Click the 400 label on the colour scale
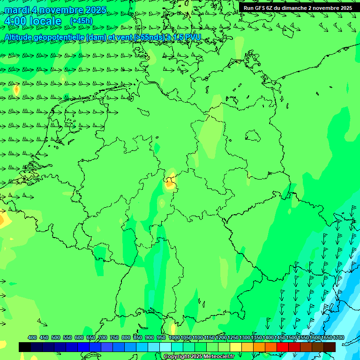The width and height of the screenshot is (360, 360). coord(32,337)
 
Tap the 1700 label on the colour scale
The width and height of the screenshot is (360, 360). coord(338,337)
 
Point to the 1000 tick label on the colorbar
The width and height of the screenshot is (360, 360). coord(174,337)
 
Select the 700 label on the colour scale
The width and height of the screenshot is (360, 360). coord(103,337)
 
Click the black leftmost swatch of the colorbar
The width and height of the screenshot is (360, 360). coord(25,347)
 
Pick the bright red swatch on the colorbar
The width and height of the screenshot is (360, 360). coord(283,347)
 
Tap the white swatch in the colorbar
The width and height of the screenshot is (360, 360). coord(165,347)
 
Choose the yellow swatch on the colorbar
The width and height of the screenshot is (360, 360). coord(236,347)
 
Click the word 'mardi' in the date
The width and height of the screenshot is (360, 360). coord(17,10)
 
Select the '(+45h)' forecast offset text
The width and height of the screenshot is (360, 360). coord(81,21)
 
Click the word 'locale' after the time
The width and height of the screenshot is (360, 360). coord(45,21)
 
